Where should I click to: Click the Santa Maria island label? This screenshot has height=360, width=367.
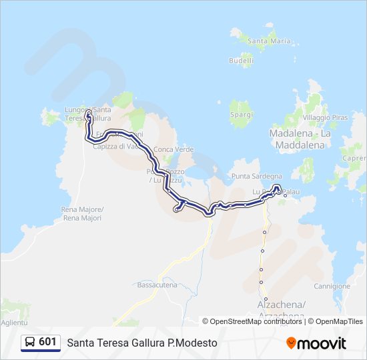270,41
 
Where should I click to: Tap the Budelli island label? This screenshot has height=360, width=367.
241,60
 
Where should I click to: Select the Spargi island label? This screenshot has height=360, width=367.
241,115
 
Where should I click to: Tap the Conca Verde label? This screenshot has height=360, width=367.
173,149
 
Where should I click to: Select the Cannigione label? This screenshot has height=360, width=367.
332,286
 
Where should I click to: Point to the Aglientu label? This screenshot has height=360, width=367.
13,322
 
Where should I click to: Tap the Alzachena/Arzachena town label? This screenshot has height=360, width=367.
281,309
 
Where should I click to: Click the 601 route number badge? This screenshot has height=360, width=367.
47,342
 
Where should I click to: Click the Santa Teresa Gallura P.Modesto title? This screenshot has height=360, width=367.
142,343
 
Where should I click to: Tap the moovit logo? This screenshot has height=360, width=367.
316,343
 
